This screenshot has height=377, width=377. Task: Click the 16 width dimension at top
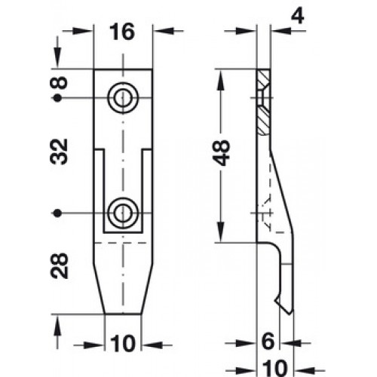(122, 32)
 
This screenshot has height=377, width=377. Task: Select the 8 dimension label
(59, 82)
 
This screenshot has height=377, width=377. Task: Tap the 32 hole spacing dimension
(59, 152)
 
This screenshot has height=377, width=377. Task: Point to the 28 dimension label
(59, 265)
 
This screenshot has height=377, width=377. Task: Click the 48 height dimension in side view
(221, 152)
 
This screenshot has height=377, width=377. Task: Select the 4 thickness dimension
(298, 16)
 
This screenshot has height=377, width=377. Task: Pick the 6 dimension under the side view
(268, 342)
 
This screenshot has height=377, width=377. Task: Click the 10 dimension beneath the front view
(123, 344)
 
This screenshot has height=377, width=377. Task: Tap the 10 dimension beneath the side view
(274, 368)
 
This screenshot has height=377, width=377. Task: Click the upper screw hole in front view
(123, 98)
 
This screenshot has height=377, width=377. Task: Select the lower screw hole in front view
(123, 213)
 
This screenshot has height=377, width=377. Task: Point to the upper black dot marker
(58, 98)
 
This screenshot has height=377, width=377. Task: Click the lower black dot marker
(58, 213)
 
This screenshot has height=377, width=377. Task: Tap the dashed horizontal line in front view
(121, 243)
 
